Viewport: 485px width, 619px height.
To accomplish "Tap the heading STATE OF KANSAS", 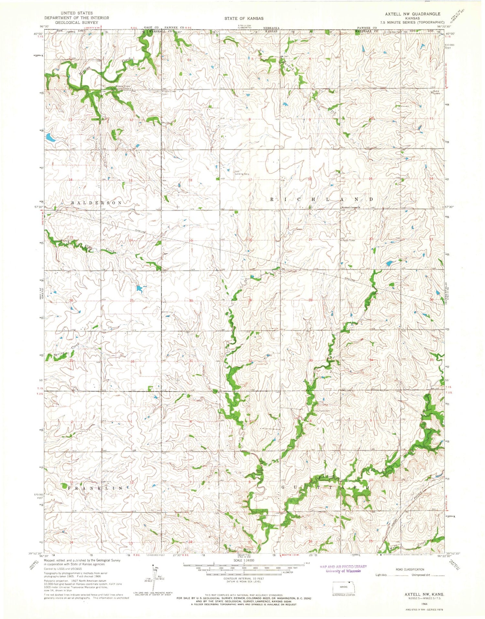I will coord(244,18).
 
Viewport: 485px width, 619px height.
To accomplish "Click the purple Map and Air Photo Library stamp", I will coord(343,569).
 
